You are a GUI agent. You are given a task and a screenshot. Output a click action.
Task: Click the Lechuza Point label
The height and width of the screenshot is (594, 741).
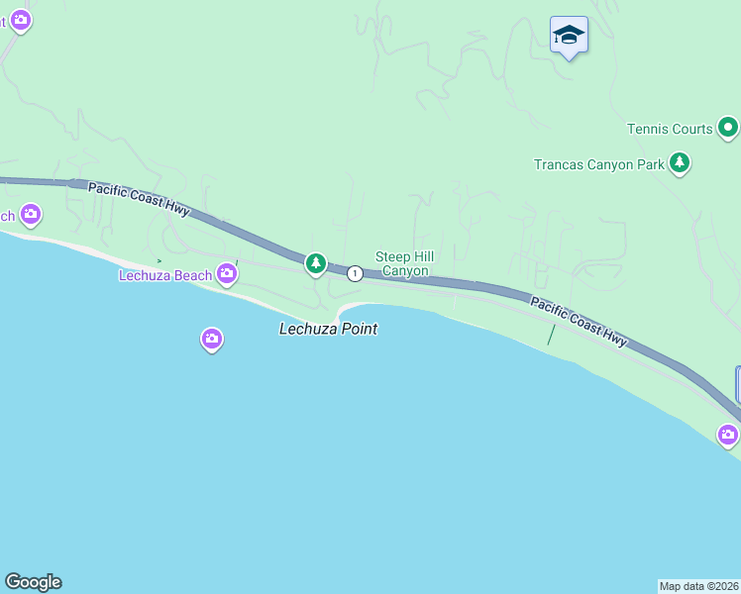point(328,329)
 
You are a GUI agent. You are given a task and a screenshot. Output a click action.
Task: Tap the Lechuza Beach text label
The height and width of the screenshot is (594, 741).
point(165,275)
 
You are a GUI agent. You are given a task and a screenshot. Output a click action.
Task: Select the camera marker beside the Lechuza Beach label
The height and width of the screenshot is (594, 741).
point(228,273)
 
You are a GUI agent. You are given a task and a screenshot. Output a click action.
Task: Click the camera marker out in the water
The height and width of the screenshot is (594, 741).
point(211,340)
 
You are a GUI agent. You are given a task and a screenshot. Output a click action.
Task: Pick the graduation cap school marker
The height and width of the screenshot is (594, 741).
point(569,36)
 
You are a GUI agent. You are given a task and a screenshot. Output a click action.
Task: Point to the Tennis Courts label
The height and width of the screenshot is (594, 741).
point(670,129)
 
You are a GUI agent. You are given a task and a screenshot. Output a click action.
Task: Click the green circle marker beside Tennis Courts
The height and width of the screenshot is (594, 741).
point(728,127)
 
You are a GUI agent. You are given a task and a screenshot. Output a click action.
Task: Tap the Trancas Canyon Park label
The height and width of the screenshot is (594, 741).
point(598,164)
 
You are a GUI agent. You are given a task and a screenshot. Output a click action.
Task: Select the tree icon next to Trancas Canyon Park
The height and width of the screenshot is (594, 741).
point(680,163)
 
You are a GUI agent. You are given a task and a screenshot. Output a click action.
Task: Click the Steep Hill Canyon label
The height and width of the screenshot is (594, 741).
point(404,263)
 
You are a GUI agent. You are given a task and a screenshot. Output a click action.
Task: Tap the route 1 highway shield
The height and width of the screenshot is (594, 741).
point(354,272)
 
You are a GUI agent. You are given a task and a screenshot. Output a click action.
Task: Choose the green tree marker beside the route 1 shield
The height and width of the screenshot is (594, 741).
point(316,263)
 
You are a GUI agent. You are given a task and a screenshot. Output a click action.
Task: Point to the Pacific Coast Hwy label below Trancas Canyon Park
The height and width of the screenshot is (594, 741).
point(579,322)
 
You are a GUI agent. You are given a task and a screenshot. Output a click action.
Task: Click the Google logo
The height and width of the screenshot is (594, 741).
point(33,582)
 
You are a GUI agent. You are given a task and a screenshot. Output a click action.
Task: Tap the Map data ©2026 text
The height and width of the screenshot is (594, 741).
point(698,586)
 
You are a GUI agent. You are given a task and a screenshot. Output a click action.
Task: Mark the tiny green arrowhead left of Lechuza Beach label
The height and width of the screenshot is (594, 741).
point(159,261)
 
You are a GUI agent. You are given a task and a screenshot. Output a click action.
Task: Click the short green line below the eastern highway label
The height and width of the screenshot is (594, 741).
point(552,335)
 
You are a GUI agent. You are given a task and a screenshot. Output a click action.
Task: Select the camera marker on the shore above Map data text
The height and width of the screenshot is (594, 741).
point(728,434)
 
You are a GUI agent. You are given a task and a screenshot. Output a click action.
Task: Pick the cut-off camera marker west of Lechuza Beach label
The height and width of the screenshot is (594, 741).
point(31,213)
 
